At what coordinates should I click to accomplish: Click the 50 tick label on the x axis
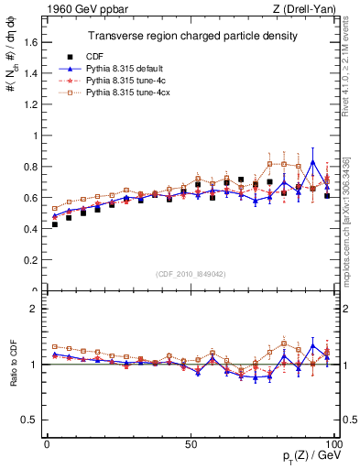(x=191, y=442)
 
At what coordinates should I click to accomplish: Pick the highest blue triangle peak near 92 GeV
(x=313, y=162)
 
